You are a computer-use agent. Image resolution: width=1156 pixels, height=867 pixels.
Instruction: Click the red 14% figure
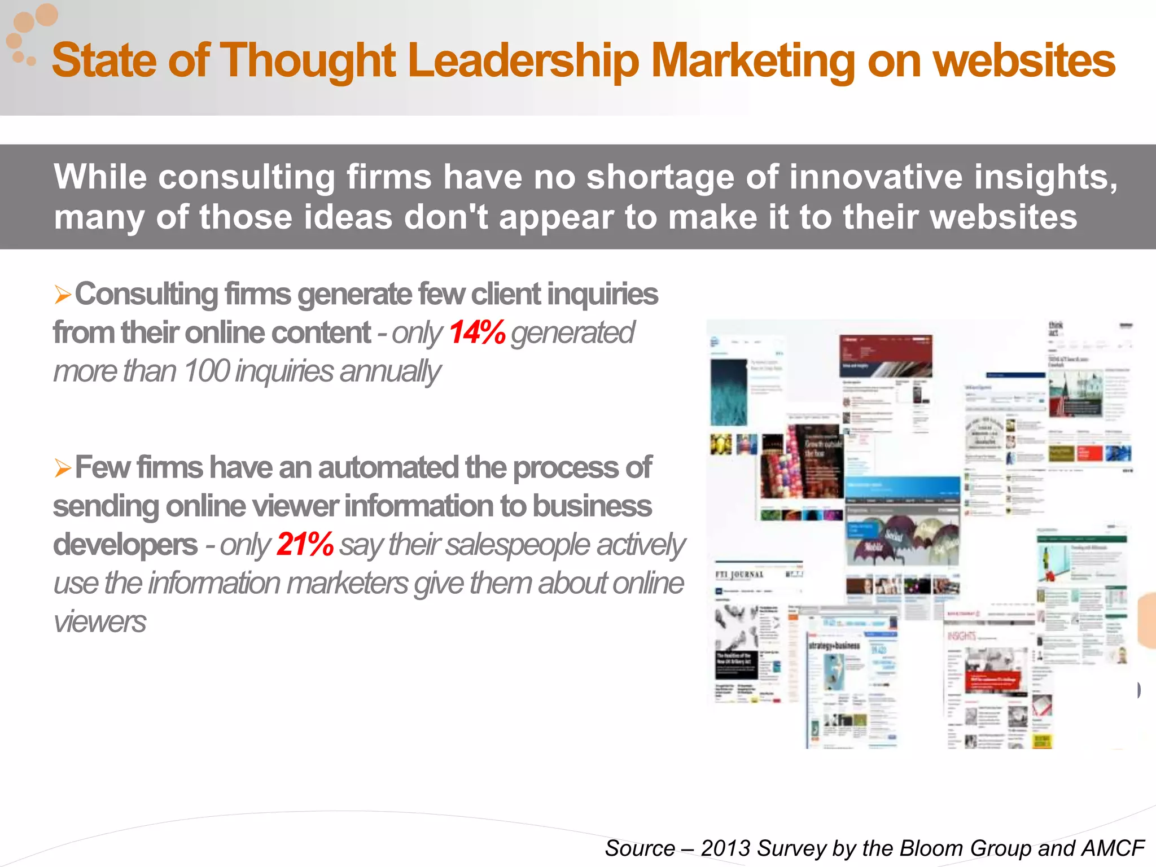[477, 332]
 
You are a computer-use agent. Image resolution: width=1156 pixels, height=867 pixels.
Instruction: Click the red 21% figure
[305, 545]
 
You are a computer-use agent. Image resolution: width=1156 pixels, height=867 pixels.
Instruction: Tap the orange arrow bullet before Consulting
[63, 295]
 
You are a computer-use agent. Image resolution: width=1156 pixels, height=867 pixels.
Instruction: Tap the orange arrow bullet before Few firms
[63, 468]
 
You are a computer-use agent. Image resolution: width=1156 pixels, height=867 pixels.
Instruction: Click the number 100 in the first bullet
[206, 371]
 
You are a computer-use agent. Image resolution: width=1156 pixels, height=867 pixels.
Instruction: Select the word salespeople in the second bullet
[518, 545]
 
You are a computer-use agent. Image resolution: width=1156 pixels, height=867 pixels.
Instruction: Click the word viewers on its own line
[100, 622]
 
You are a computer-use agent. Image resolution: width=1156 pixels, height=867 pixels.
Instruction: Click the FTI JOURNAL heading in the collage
[739, 575]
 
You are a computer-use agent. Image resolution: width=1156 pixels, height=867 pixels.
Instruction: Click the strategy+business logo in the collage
[834, 645]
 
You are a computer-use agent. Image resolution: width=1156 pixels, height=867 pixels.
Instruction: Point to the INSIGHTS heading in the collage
[962, 636]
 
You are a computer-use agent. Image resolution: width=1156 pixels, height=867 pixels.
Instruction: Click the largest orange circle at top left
[46, 15]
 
